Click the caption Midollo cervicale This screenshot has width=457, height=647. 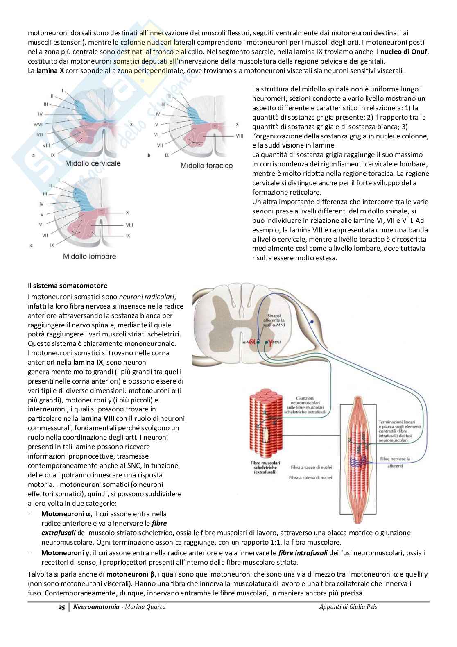click(x=93, y=163)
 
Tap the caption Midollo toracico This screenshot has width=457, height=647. click(x=206, y=166)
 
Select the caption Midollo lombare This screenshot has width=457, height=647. click(x=89, y=257)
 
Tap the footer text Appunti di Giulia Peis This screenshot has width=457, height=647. click(x=348, y=607)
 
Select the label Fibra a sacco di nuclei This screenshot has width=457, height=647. click(x=311, y=467)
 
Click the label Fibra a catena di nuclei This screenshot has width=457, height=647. click(x=312, y=477)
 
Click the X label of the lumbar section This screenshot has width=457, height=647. click(x=127, y=213)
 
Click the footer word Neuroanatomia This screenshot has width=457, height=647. click(x=90, y=607)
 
